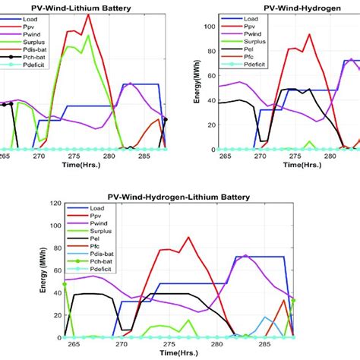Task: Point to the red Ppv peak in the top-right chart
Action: click(x=309, y=34)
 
